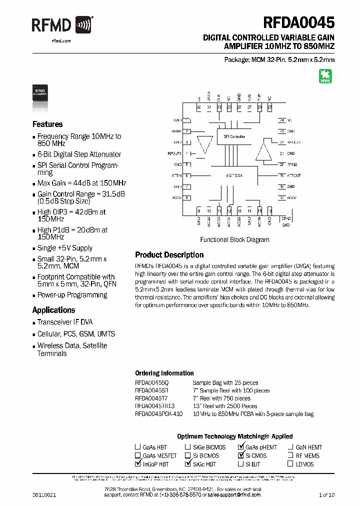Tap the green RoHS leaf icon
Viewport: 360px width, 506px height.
point(325,76)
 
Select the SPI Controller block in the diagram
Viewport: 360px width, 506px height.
point(234,136)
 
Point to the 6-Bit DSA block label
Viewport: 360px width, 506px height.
point(234,175)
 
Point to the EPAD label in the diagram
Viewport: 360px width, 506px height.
point(285,218)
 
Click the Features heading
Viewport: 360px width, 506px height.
point(47,124)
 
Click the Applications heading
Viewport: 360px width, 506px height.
point(53,309)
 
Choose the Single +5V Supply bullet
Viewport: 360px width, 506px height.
point(64,248)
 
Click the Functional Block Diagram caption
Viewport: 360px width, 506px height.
point(234,239)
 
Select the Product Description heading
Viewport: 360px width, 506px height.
point(169,254)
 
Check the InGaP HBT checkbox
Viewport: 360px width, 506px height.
point(138,464)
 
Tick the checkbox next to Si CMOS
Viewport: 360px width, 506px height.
point(240,456)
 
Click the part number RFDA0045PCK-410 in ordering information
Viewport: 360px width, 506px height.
point(159,414)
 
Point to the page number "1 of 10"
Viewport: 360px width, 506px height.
point(326,495)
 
